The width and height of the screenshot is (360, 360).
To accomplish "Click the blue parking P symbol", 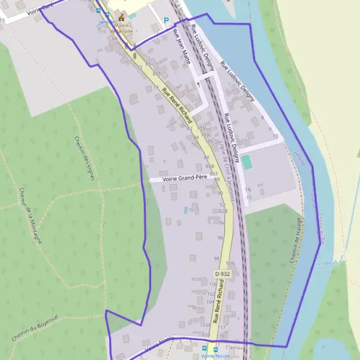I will [x=166, y=20].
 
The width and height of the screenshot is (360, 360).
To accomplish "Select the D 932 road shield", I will [x=222, y=274].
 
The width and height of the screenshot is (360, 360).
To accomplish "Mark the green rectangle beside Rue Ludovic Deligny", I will [x=247, y=162].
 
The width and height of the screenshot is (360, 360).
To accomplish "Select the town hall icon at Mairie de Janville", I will [x=122, y=17].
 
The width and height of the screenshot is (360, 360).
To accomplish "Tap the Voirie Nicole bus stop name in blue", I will [x=216, y=356].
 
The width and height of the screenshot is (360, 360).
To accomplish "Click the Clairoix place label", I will [x=235, y=347].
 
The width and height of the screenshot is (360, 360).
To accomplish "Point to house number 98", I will [x=217, y=259].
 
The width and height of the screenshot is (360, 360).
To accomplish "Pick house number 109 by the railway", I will [x=230, y=263].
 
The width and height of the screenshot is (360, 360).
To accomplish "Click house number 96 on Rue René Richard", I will [x=220, y=238].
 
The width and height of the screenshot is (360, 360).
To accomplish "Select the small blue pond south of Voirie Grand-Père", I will [x=186, y=209].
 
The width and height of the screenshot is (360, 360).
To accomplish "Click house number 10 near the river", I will [x=275, y=137].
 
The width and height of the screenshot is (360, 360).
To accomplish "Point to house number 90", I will [x=220, y=193].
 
